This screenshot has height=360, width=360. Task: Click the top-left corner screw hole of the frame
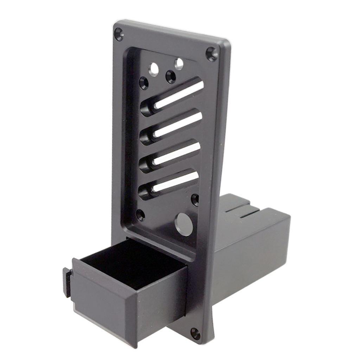point(118,34)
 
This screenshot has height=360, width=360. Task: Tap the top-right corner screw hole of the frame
point(212,54)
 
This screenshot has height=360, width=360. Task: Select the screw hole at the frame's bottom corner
point(195,333)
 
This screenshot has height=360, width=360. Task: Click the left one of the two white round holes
point(154,69)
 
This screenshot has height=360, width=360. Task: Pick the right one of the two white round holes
point(179,64)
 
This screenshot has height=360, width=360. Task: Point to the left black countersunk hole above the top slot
point(144,83)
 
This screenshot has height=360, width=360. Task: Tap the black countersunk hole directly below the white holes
point(171,76)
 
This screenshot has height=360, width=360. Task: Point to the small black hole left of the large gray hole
point(140,215)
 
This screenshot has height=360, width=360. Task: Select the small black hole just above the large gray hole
point(195,200)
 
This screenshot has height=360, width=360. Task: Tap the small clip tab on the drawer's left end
point(67,281)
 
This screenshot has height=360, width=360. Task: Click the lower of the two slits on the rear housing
point(250,213)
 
